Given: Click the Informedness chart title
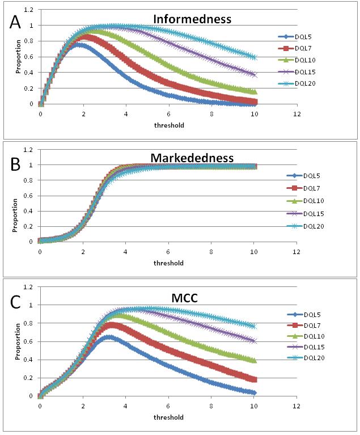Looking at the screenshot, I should click(192, 19).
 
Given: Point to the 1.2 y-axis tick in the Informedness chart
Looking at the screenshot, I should click(28, 10).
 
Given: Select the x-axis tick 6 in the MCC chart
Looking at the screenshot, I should click(168, 407).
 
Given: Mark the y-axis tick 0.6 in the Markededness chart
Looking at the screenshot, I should click(28, 196).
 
